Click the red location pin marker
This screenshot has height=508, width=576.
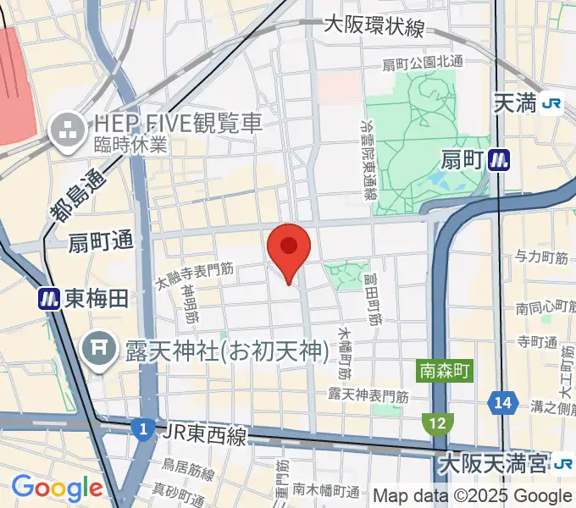289,247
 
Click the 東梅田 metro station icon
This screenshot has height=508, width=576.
48,298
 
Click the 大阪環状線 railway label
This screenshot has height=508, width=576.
374,27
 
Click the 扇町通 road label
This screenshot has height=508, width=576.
102,241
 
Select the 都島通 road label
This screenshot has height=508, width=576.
80,197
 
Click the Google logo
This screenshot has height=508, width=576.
57,488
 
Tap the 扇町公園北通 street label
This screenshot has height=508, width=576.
423,63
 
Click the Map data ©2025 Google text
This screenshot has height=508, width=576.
473,495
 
